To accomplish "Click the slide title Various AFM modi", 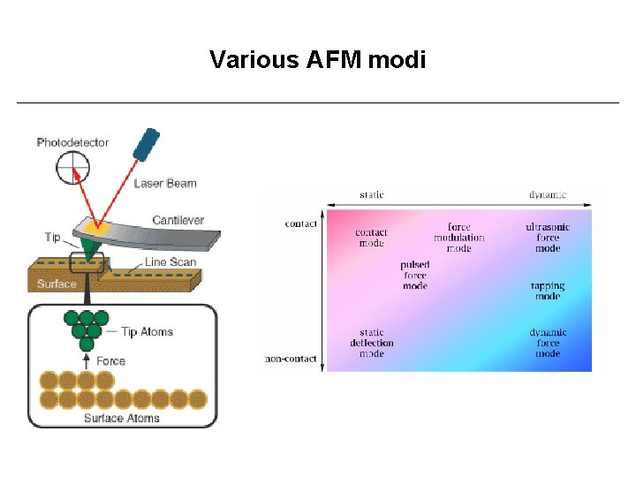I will pos(317,60).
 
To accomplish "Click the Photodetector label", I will pos(72,142).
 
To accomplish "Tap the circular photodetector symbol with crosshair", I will pos(73,168).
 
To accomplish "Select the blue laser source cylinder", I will pos(146,145).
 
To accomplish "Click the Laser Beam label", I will pos(165,184).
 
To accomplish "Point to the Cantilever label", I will pos(178,220).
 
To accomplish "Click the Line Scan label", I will pos(170,262).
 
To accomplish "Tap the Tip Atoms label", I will pos(147,332).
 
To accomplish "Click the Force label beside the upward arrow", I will pos(110,360).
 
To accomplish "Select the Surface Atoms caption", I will pos(122,418).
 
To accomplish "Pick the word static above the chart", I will pos(372,195).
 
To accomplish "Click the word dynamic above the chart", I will pos(548,195).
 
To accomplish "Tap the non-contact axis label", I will pos(291,359).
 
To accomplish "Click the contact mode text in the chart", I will pos(371,238).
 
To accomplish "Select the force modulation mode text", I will pos(458,238).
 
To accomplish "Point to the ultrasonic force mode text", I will pos(548,238).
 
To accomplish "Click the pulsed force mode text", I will pos(414,275).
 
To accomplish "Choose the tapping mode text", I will pos(548,291).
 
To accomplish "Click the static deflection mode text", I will pos(371,343).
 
